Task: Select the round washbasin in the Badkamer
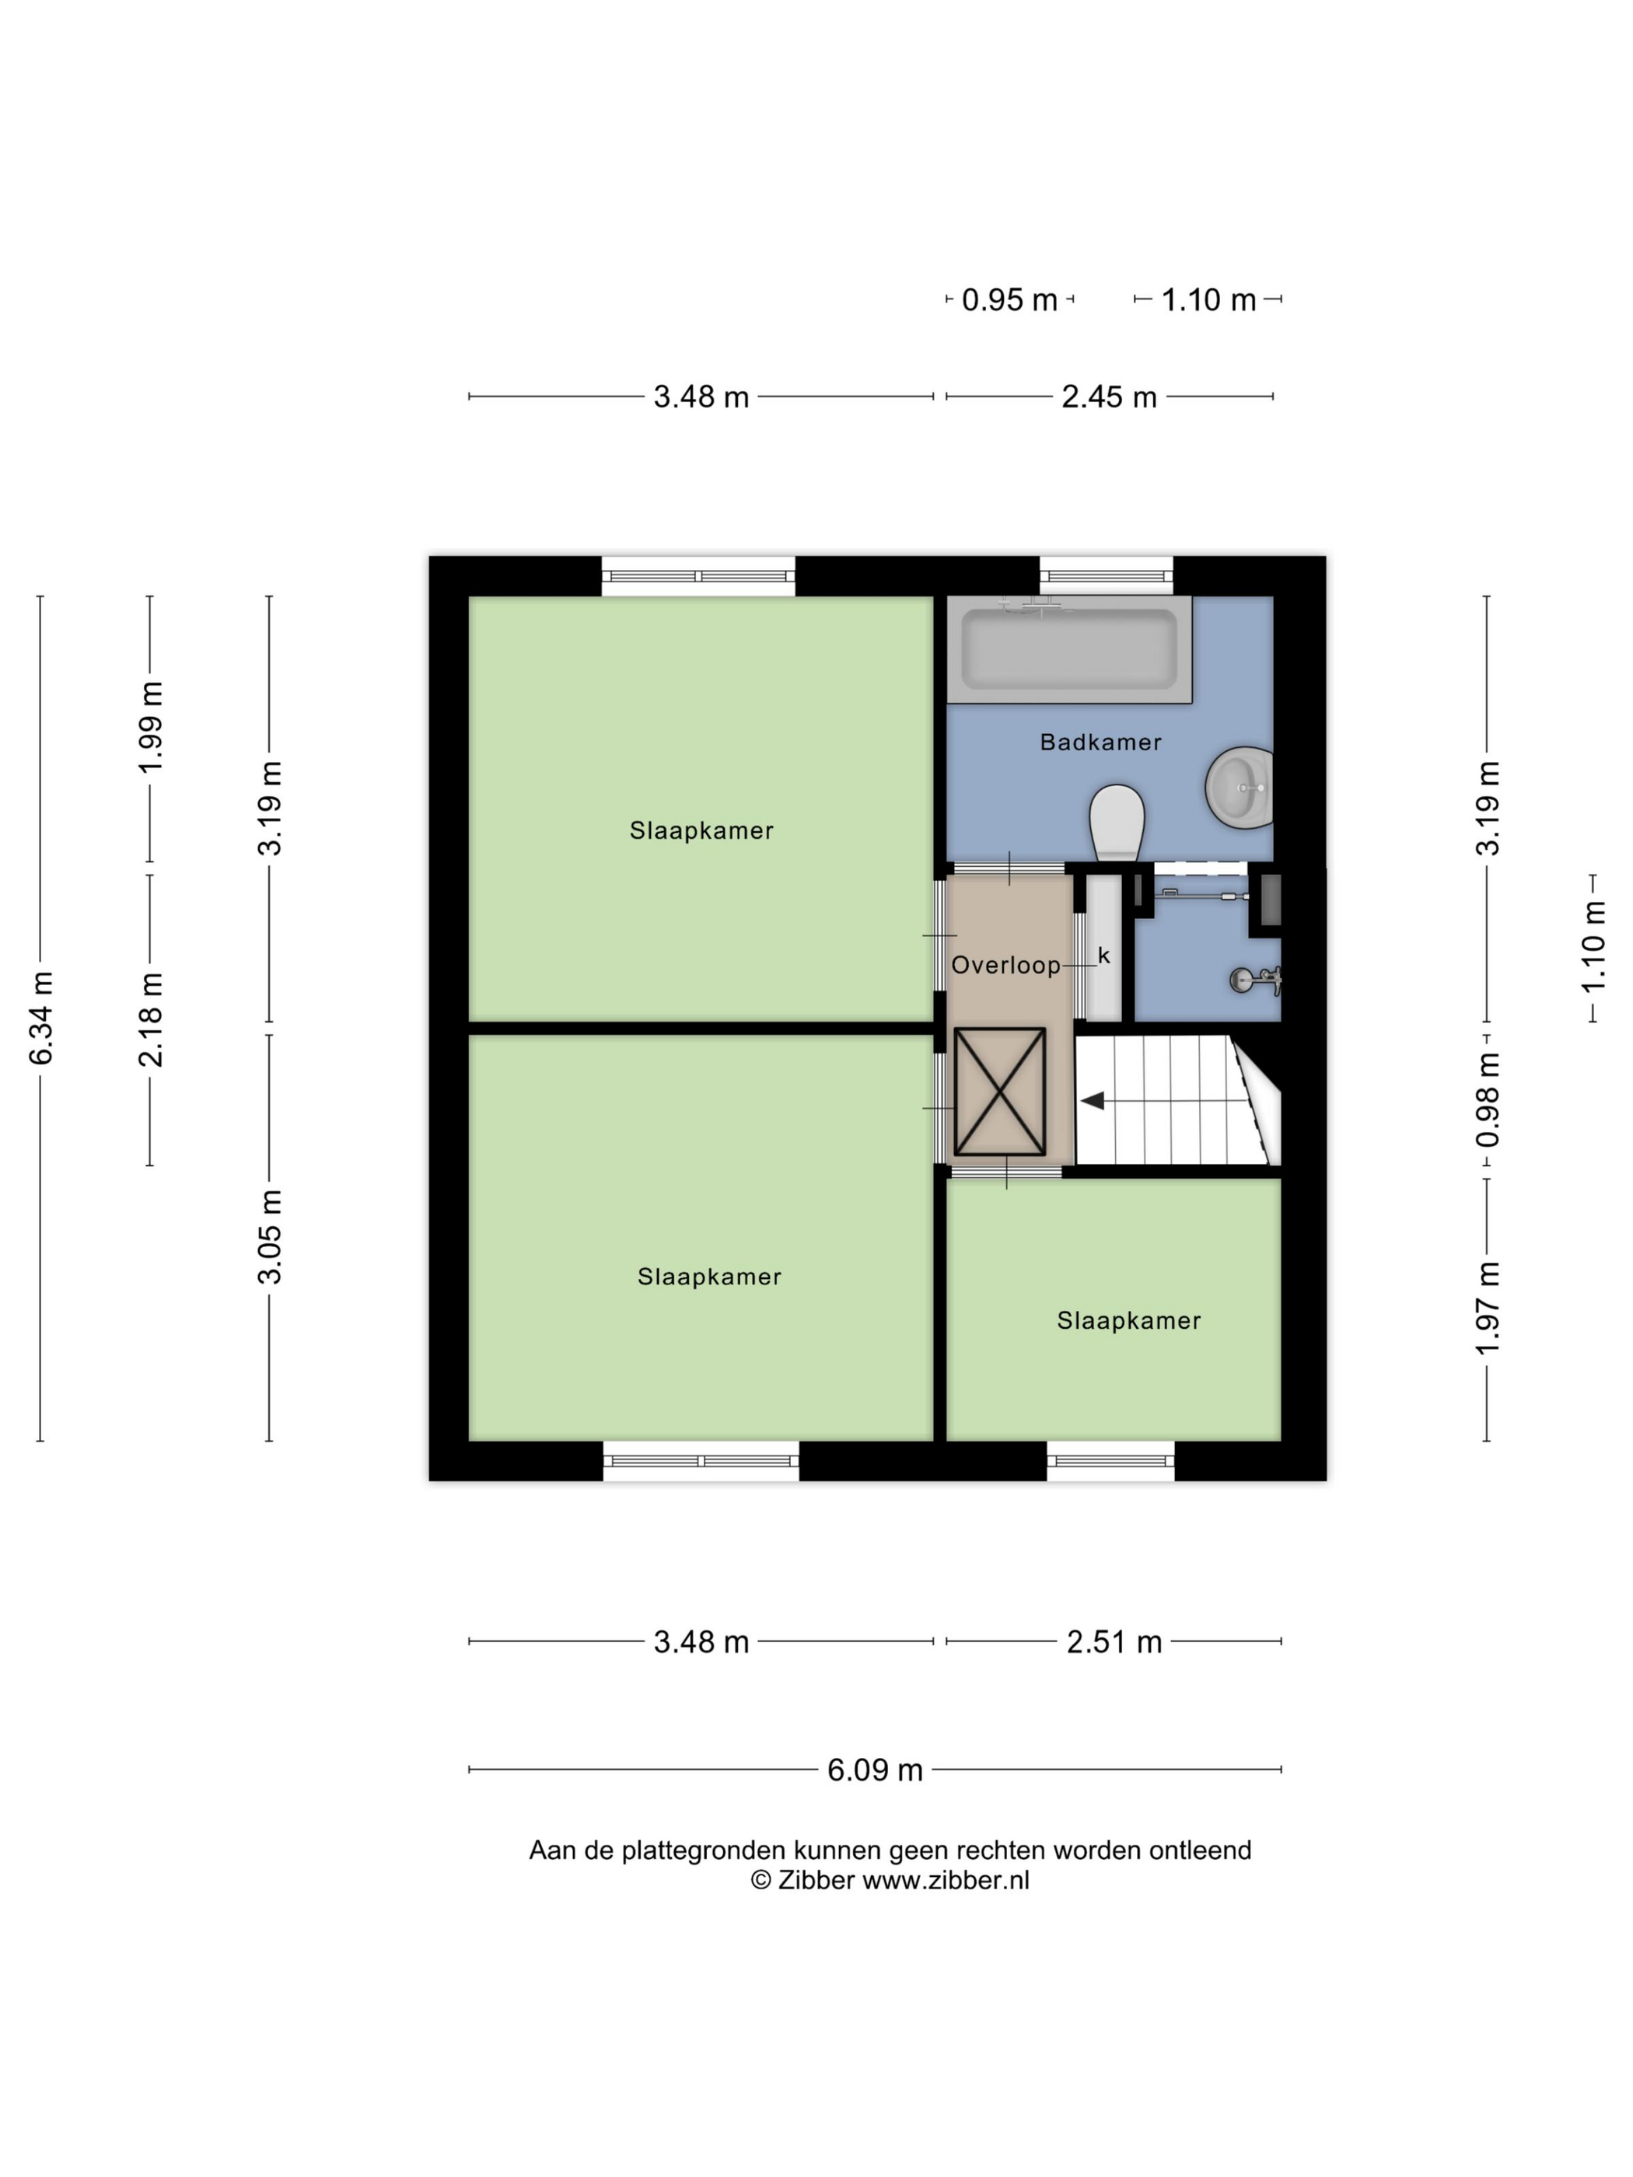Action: click(1240, 788)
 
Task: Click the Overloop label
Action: click(1005, 965)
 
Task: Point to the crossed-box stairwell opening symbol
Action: click(999, 1092)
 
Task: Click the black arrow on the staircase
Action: click(1093, 1100)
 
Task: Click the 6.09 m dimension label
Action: click(874, 1770)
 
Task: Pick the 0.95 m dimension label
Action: click(1009, 300)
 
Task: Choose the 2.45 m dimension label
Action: click(1108, 397)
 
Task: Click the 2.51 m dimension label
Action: click(1114, 1641)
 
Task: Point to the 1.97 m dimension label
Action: click(1488, 1307)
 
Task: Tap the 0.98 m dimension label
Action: click(1488, 1099)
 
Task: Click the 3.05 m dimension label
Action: click(270, 1236)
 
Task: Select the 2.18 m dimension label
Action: click(151, 1019)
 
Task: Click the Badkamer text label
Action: click(1100, 742)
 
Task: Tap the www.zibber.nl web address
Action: click(945, 1880)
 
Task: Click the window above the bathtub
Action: click(1107, 576)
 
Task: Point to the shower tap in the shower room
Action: click(1254, 979)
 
